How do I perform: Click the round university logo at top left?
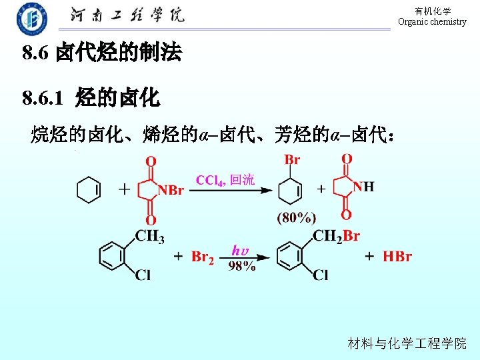(x=32, y=19)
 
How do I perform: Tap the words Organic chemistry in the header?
(x=432, y=22)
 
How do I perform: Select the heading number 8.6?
(x=35, y=53)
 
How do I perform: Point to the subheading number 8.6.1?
(x=42, y=99)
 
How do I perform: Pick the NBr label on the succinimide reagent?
(x=171, y=190)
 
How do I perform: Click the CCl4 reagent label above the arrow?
(x=211, y=180)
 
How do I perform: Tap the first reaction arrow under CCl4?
(x=230, y=190)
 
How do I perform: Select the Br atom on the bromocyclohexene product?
(x=292, y=160)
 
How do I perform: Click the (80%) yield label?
(x=296, y=217)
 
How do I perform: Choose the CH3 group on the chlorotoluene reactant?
(x=150, y=236)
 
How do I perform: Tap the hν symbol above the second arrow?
(x=240, y=250)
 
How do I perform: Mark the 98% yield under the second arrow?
(x=241, y=266)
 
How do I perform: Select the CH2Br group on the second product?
(x=336, y=236)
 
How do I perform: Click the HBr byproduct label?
(x=397, y=257)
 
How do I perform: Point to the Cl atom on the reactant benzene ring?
(x=143, y=275)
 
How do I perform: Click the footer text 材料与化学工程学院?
(x=407, y=343)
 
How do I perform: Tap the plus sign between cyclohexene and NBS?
(x=124, y=189)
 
